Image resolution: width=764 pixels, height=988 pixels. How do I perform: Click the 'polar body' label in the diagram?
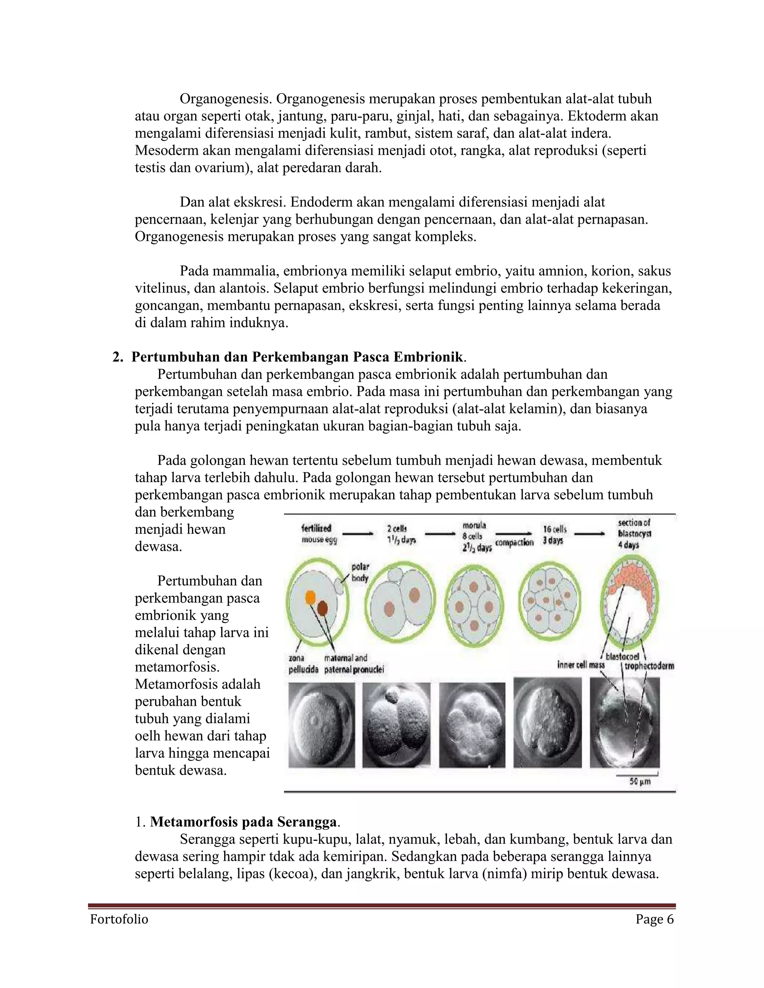click(360, 572)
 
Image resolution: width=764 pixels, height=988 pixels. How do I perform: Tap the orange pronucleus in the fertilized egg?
click(310, 597)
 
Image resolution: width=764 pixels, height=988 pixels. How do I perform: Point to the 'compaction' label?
click(514, 542)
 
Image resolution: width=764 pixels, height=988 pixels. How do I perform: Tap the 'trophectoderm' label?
click(649, 666)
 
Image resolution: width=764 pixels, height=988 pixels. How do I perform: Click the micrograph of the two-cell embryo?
click(397, 725)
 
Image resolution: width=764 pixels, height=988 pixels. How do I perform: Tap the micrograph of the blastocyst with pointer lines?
click(624, 725)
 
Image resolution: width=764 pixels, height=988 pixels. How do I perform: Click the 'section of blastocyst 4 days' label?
click(634, 534)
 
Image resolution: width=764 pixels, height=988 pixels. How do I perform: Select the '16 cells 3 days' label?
click(554, 534)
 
